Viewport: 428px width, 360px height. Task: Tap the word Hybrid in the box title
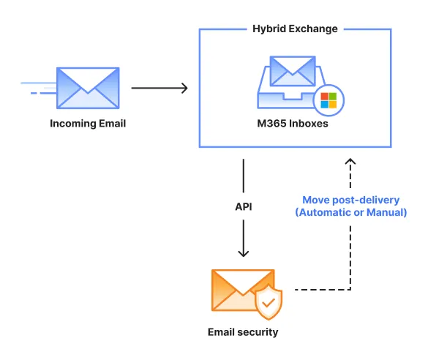269,29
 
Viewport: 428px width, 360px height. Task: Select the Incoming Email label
88,124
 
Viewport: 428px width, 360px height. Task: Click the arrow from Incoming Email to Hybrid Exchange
159,88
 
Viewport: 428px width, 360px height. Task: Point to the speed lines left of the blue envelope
38,89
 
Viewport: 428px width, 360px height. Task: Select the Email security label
243,332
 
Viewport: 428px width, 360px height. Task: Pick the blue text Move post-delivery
350,199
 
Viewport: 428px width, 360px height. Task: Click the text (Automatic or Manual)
350,212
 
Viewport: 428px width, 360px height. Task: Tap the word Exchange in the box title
313,29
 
